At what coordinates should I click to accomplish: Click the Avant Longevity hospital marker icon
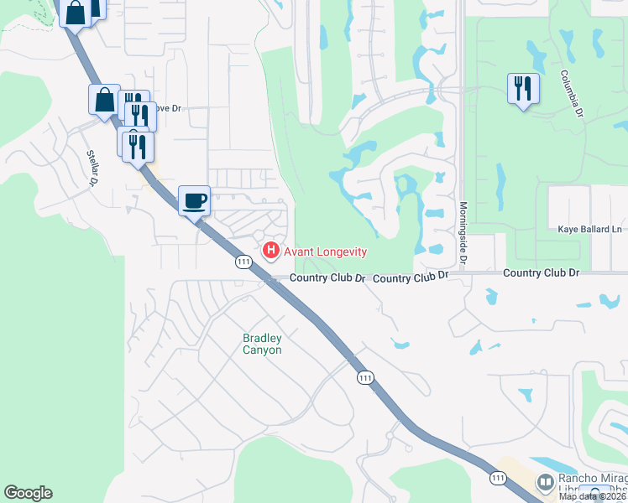tap(270, 250)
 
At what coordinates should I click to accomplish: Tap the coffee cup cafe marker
tap(195, 200)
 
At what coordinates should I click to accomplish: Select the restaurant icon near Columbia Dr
tap(523, 88)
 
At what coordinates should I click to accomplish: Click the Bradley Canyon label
tap(262, 344)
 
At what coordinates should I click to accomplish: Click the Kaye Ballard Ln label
tap(590, 229)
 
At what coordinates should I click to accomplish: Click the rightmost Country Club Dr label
tap(542, 273)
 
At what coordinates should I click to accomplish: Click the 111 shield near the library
tap(499, 478)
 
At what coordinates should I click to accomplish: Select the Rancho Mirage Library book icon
tap(545, 484)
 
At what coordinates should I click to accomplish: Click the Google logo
tap(28, 493)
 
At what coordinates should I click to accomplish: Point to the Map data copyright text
tap(593, 496)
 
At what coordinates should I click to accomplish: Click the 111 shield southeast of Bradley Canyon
tap(364, 378)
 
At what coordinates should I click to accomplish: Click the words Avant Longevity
tap(326, 251)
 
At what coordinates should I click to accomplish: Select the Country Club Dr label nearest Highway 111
tap(328, 278)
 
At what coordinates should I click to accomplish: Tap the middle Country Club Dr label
tap(411, 277)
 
